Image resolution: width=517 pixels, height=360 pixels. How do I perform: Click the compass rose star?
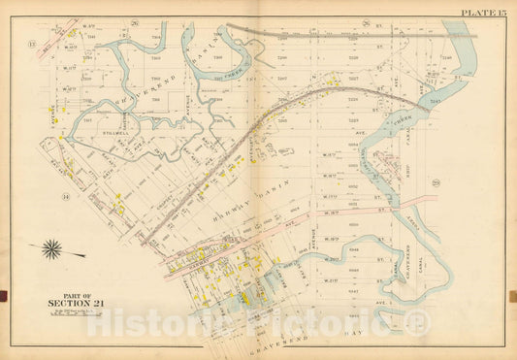[x=51, y=249]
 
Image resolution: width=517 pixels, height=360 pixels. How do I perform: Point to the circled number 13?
[x=31, y=44]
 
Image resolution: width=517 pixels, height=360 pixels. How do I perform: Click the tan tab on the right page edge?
[x=513, y=295]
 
